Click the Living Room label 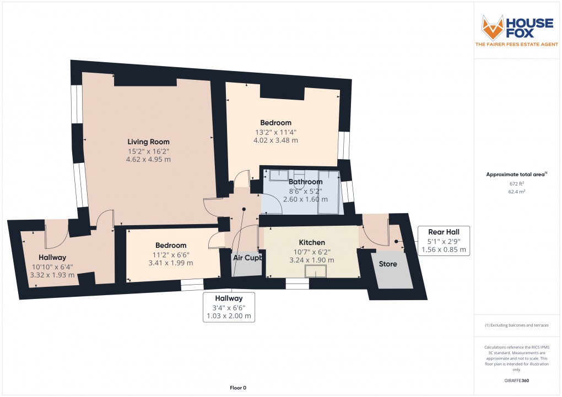148,142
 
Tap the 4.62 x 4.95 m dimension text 148,159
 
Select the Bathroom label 305,182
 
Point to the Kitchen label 312,242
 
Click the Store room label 388,264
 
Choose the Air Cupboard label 246,257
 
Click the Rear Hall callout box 444,241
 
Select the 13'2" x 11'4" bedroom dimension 275,132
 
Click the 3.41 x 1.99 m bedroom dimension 170,263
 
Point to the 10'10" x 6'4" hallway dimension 52,267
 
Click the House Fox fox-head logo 494,28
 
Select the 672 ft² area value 516,183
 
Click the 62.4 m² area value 516,192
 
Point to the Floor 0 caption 239,388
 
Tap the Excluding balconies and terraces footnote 516,325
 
